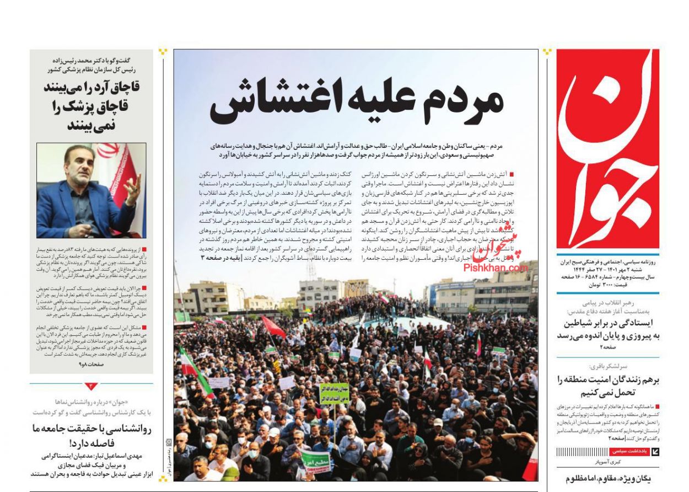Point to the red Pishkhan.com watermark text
tap(496, 268)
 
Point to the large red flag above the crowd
tap(274, 327)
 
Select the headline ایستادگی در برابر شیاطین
tap(607, 323)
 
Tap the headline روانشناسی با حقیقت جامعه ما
tap(91, 429)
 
